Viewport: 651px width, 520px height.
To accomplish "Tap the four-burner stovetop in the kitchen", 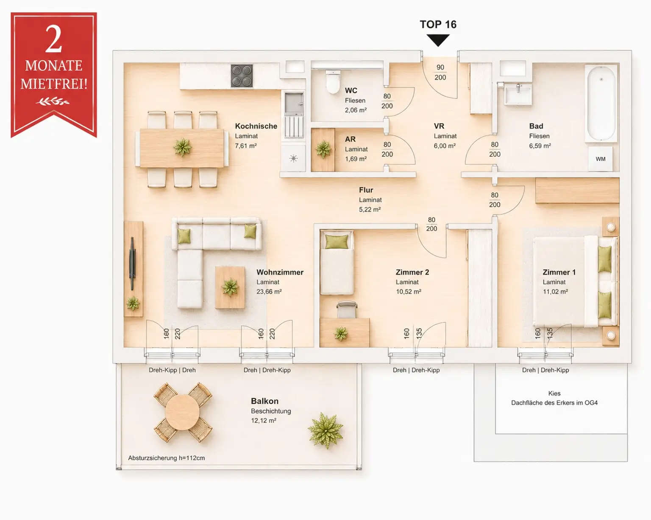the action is (242, 76).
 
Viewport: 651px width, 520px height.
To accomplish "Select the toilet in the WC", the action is (333, 82).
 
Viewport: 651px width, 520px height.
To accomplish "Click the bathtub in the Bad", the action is (601, 103).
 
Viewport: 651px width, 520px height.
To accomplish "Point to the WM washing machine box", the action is (601, 159).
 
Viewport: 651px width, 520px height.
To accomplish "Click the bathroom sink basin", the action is (518, 94).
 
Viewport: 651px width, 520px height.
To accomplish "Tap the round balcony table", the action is (182, 412).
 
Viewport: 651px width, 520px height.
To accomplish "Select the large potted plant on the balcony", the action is (325, 430).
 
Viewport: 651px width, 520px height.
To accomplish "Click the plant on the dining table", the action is (182, 147).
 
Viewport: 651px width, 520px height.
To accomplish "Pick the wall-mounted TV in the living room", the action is (132, 264).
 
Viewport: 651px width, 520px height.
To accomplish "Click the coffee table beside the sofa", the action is (230, 287).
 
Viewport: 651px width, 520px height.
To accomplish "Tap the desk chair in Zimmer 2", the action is (347, 309).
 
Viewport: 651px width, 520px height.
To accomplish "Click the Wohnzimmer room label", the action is (280, 272).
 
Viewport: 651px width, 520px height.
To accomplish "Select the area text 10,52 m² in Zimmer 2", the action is (409, 292).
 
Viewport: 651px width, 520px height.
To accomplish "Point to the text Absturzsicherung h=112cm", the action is (167, 458).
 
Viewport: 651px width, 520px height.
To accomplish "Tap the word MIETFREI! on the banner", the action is (54, 84).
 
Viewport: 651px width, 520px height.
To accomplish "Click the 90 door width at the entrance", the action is (440, 67).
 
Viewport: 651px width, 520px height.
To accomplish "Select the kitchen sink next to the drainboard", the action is (294, 103).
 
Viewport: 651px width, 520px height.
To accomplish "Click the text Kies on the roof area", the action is (554, 394).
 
